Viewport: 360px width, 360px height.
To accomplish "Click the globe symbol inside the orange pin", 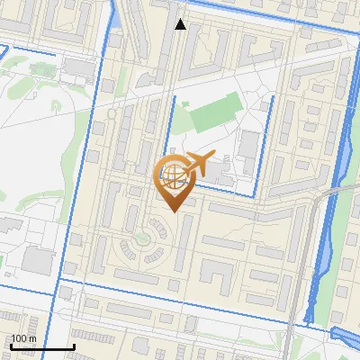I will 171,174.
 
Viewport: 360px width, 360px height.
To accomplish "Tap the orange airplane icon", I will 197,164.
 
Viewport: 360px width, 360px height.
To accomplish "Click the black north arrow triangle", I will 180,24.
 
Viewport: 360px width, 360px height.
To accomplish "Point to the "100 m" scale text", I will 23,338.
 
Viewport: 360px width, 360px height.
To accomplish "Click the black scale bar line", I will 41,347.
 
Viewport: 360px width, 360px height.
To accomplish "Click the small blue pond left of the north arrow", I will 118,14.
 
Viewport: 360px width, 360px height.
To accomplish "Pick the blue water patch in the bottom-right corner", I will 347,335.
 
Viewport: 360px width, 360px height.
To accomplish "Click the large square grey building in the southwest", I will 38,261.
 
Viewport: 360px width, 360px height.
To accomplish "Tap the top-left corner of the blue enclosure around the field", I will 173,97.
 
